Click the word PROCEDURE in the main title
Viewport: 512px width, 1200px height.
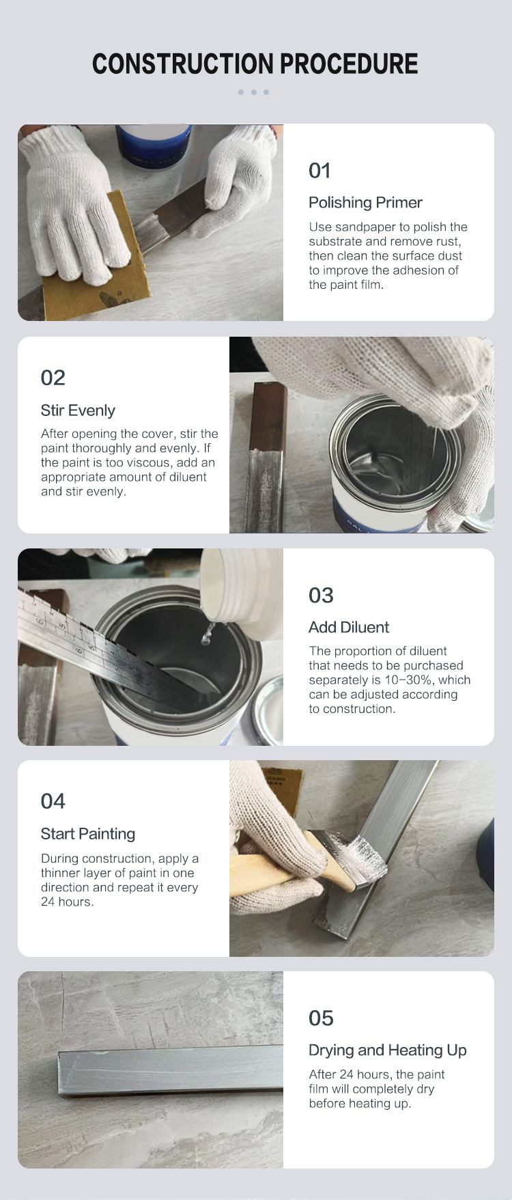coord(349,64)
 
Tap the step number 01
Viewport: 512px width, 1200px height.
coord(319,171)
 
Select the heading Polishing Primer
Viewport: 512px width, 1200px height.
coord(365,203)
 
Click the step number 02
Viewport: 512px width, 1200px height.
coord(53,378)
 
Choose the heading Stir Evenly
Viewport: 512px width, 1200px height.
coord(78,410)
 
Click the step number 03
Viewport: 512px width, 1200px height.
coord(321,596)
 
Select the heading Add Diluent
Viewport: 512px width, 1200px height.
coord(349,628)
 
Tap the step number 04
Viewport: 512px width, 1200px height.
coord(53,801)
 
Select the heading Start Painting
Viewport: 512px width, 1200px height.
coord(88,834)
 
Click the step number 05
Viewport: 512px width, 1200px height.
coord(321,1018)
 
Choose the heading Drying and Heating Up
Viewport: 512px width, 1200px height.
coord(388,1050)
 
